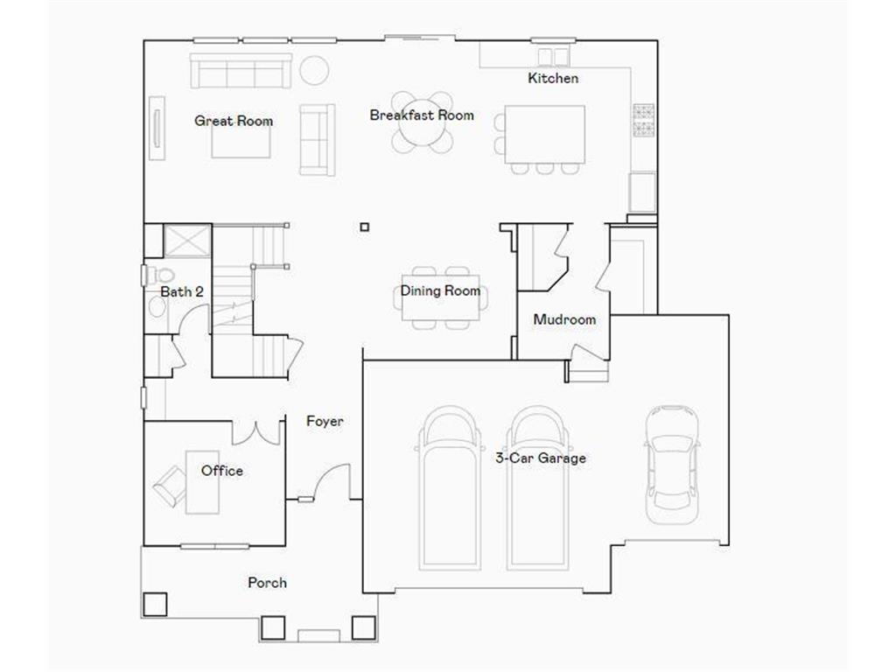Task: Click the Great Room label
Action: [233, 121]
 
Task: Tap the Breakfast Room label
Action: [422, 115]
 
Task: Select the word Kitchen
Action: [553, 78]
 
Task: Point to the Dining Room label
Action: [440, 290]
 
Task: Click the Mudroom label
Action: [564, 319]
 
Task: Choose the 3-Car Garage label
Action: [541, 458]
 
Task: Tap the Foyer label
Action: [325, 421]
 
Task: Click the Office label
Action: [222, 471]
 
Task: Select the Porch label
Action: [267, 582]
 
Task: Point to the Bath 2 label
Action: [182, 291]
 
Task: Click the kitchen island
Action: [544, 133]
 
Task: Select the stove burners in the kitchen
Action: [643, 121]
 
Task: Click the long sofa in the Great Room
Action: [241, 71]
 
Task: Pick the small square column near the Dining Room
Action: [365, 227]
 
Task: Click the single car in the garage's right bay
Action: [672, 464]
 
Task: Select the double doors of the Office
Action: [255, 432]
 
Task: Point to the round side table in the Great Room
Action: [315, 70]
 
